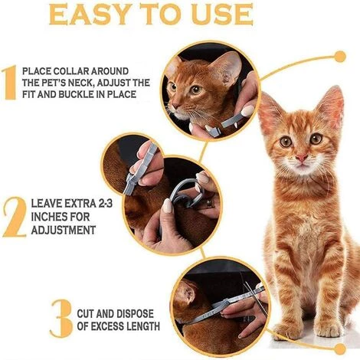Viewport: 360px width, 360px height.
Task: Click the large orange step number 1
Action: [10, 82]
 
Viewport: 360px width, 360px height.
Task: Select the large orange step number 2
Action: [15, 217]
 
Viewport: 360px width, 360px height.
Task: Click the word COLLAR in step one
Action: [72, 71]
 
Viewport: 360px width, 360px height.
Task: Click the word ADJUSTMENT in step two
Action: [64, 231]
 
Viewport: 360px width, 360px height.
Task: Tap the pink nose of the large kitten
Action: [302, 158]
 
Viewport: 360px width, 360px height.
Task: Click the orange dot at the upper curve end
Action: [340, 57]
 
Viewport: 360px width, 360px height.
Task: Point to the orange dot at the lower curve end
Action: [340, 349]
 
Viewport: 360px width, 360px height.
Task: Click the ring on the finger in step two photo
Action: [209, 203]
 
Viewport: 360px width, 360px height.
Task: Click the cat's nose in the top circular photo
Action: [175, 106]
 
